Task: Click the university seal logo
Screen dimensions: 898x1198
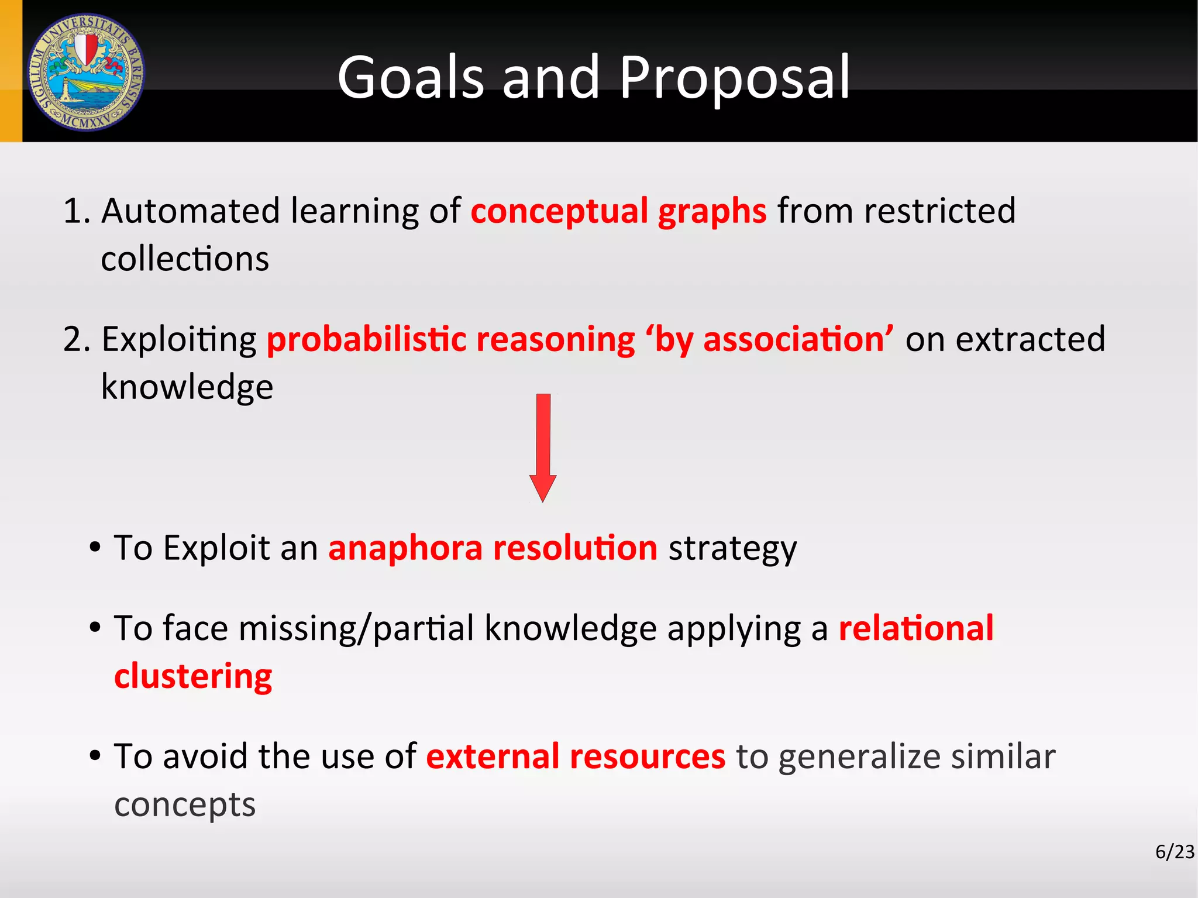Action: click(x=86, y=72)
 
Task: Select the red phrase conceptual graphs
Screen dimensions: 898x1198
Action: click(x=618, y=211)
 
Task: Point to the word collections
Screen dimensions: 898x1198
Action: click(x=185, y=259)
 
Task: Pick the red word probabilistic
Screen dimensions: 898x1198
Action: click(x=367, y=339)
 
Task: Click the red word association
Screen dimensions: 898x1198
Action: click(x=794, y=339)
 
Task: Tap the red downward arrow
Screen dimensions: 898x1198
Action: click(x=543, y=448)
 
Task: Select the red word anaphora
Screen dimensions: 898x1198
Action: click(x=405, y=548)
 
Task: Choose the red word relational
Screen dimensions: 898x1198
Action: click(x=916, y=628)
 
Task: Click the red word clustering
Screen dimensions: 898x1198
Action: click(x=193, y=677)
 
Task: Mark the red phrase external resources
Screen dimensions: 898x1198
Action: click(x=576, y=756)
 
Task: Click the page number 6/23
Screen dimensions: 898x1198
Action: click(x=1175, y=852)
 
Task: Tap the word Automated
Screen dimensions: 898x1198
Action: click(x=191, y=211)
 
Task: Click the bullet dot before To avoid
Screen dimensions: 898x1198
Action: click(x=95, y=756)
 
